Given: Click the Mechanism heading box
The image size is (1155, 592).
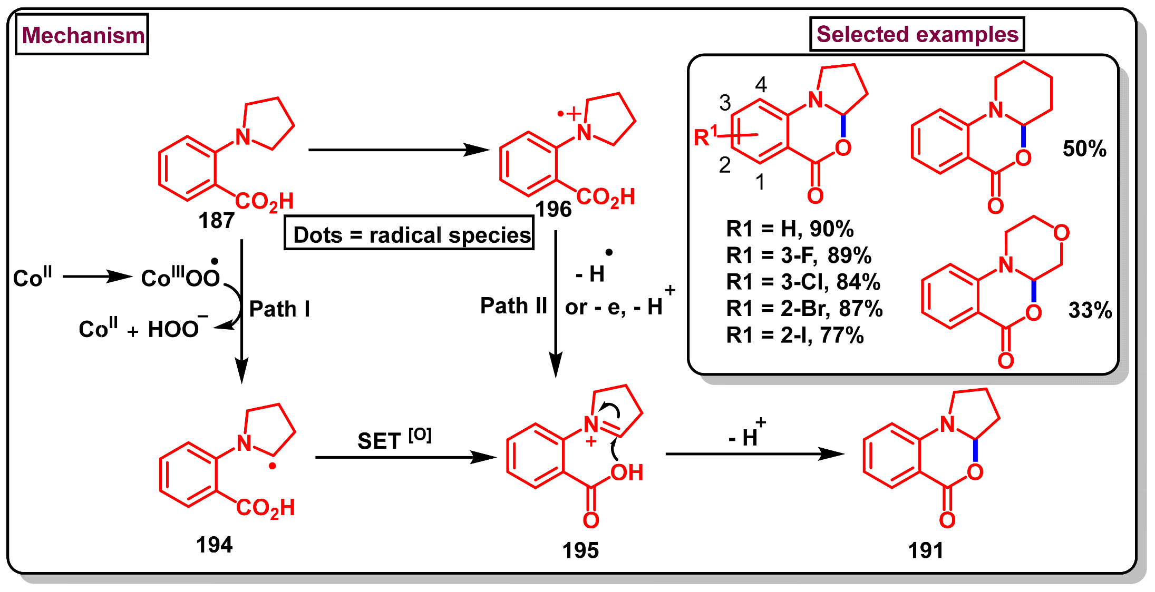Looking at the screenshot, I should (82, 35).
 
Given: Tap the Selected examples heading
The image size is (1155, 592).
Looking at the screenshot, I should (917, 35).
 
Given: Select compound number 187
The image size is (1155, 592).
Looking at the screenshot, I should (216, 220).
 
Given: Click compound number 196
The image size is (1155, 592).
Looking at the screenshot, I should (554, 210).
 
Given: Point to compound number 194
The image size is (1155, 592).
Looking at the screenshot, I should (214, 545).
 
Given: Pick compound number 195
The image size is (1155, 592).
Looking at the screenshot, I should (580, 550).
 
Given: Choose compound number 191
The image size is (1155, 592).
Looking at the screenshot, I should (926, 550).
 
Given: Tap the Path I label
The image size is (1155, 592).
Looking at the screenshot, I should (279, 309).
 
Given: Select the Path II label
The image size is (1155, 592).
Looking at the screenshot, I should (513, 305).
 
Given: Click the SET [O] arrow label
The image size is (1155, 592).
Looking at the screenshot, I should (394, 439).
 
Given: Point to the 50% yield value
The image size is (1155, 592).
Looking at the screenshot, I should (1084, 149).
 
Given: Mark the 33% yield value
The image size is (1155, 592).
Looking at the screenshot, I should (1090, 310).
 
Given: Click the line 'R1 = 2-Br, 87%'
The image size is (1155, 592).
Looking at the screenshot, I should (804, 309).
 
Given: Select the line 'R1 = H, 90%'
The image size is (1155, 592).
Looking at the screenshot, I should (789, 229).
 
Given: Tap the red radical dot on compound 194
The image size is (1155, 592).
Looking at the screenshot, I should (272, 466).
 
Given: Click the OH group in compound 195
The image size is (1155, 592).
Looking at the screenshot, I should (627, 472).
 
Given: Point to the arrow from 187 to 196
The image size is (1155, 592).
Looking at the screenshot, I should (398, 150).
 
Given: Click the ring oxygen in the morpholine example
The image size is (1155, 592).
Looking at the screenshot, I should (1061, 233).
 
